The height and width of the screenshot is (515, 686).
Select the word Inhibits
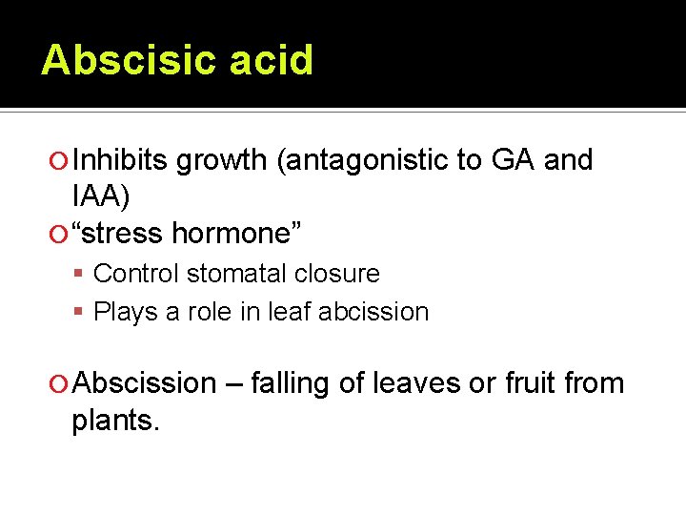122,160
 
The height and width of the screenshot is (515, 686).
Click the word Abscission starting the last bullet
145,383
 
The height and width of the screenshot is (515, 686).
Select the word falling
294,383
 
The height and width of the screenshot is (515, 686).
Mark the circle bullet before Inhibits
60,161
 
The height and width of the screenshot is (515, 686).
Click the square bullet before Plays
83,313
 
